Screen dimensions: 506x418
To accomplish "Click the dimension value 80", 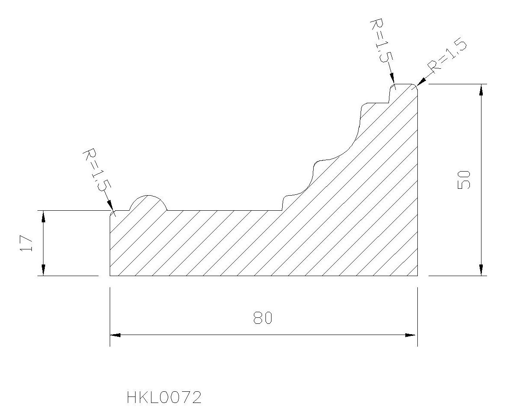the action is [263, 318].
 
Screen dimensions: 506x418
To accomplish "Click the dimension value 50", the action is [464, 180].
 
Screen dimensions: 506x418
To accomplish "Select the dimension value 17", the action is [27, 243].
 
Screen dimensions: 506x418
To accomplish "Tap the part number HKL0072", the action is [164, 397].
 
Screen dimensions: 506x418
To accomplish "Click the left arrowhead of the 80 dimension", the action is [115, 335].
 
